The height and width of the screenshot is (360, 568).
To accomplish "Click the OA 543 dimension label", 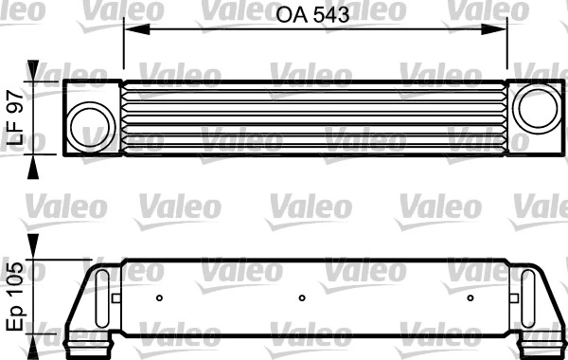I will point(313,14).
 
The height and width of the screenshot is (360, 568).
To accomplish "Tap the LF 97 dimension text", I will point(15,117).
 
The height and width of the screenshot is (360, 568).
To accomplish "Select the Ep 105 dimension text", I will point(15,296).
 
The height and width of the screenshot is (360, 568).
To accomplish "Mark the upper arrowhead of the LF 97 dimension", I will point(35,72).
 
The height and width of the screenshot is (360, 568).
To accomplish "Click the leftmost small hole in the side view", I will point(159,298).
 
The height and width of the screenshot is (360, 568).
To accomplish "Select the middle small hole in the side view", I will point(301,298).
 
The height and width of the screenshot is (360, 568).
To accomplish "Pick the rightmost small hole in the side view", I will point(470,298).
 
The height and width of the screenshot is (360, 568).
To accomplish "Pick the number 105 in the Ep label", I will point(15,280).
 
